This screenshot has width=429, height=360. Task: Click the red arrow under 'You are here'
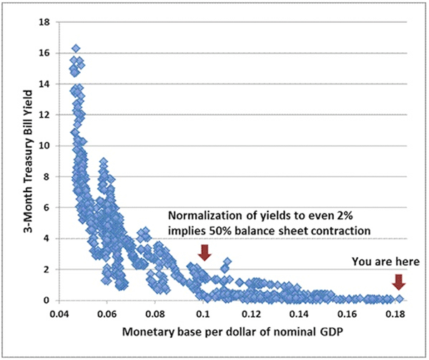(399, 281)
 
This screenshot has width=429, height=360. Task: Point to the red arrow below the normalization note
(204, 251)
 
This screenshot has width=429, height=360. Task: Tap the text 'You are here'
(389, 261)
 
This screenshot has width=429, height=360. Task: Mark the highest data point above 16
(76, 49)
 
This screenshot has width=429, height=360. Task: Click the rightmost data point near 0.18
(399, 299)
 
